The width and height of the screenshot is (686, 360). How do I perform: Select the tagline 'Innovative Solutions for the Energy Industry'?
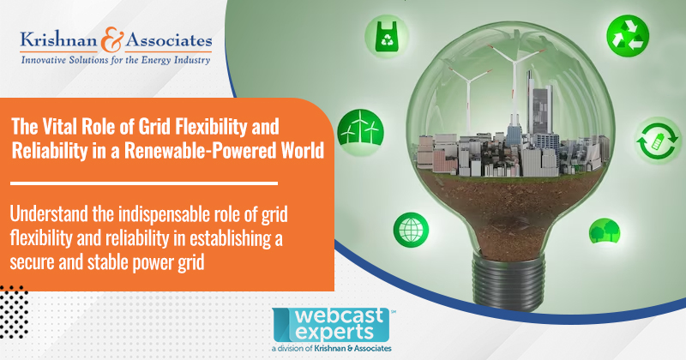tap(117, 61)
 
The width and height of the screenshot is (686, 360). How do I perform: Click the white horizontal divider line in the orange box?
tap(143, 183)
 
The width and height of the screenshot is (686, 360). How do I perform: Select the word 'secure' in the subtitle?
tap(35, 262)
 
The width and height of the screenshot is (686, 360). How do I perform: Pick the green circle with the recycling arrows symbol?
tap(623, 35)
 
